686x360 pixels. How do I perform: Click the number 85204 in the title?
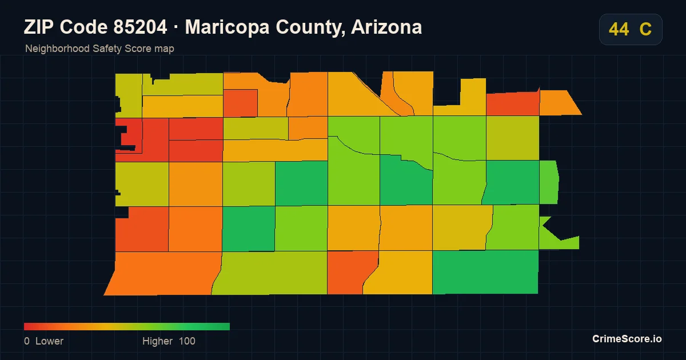(140, 27)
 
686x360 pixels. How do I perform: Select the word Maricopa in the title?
(228, 27)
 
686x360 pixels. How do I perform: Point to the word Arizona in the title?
(386, 27)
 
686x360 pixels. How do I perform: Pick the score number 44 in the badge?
(619, 29)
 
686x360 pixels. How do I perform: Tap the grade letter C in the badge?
(645, 29)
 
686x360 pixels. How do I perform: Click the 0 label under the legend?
(27, 341)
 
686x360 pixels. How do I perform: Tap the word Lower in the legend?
(49, 341)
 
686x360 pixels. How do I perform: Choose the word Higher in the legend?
(157, 341)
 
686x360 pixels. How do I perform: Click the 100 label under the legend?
(187, 341)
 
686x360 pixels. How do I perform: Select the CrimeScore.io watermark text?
(627, 339)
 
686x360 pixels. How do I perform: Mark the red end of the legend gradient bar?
(25, 327)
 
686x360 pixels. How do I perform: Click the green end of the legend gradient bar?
(229, 327)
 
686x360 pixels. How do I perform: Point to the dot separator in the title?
(176, 27)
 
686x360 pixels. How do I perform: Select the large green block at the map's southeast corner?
(485, 272)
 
